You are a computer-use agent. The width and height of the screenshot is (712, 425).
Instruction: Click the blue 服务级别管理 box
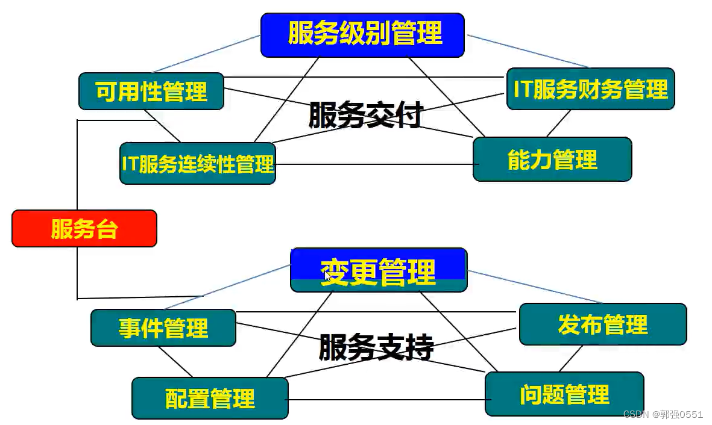362,35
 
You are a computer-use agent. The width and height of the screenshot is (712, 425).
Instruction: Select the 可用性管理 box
151,92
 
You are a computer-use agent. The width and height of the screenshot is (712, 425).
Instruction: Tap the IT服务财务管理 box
590,89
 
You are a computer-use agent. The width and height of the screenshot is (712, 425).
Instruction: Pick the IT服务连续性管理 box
198,163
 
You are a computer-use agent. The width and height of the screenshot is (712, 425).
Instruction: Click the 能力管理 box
552,160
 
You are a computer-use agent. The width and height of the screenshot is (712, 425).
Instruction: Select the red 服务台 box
84,229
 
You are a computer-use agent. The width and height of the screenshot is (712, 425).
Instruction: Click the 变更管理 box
379,271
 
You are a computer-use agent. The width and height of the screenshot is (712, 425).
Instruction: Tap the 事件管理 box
163,328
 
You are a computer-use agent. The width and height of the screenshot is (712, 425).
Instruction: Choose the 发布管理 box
602,324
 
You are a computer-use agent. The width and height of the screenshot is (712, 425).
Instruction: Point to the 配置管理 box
210,398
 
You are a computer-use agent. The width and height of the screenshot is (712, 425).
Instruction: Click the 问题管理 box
564,394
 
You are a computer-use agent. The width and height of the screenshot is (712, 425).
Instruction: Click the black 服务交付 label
365,114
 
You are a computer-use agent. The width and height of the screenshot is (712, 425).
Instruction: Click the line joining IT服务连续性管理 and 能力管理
374,164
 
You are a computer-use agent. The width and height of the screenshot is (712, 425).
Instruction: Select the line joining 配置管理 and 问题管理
386,399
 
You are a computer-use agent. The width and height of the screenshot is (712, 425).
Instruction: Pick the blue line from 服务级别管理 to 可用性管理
205,54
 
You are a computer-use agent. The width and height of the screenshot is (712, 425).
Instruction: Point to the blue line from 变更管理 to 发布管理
537,287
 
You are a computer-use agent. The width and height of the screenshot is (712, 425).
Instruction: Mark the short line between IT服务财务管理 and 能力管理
559,123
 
